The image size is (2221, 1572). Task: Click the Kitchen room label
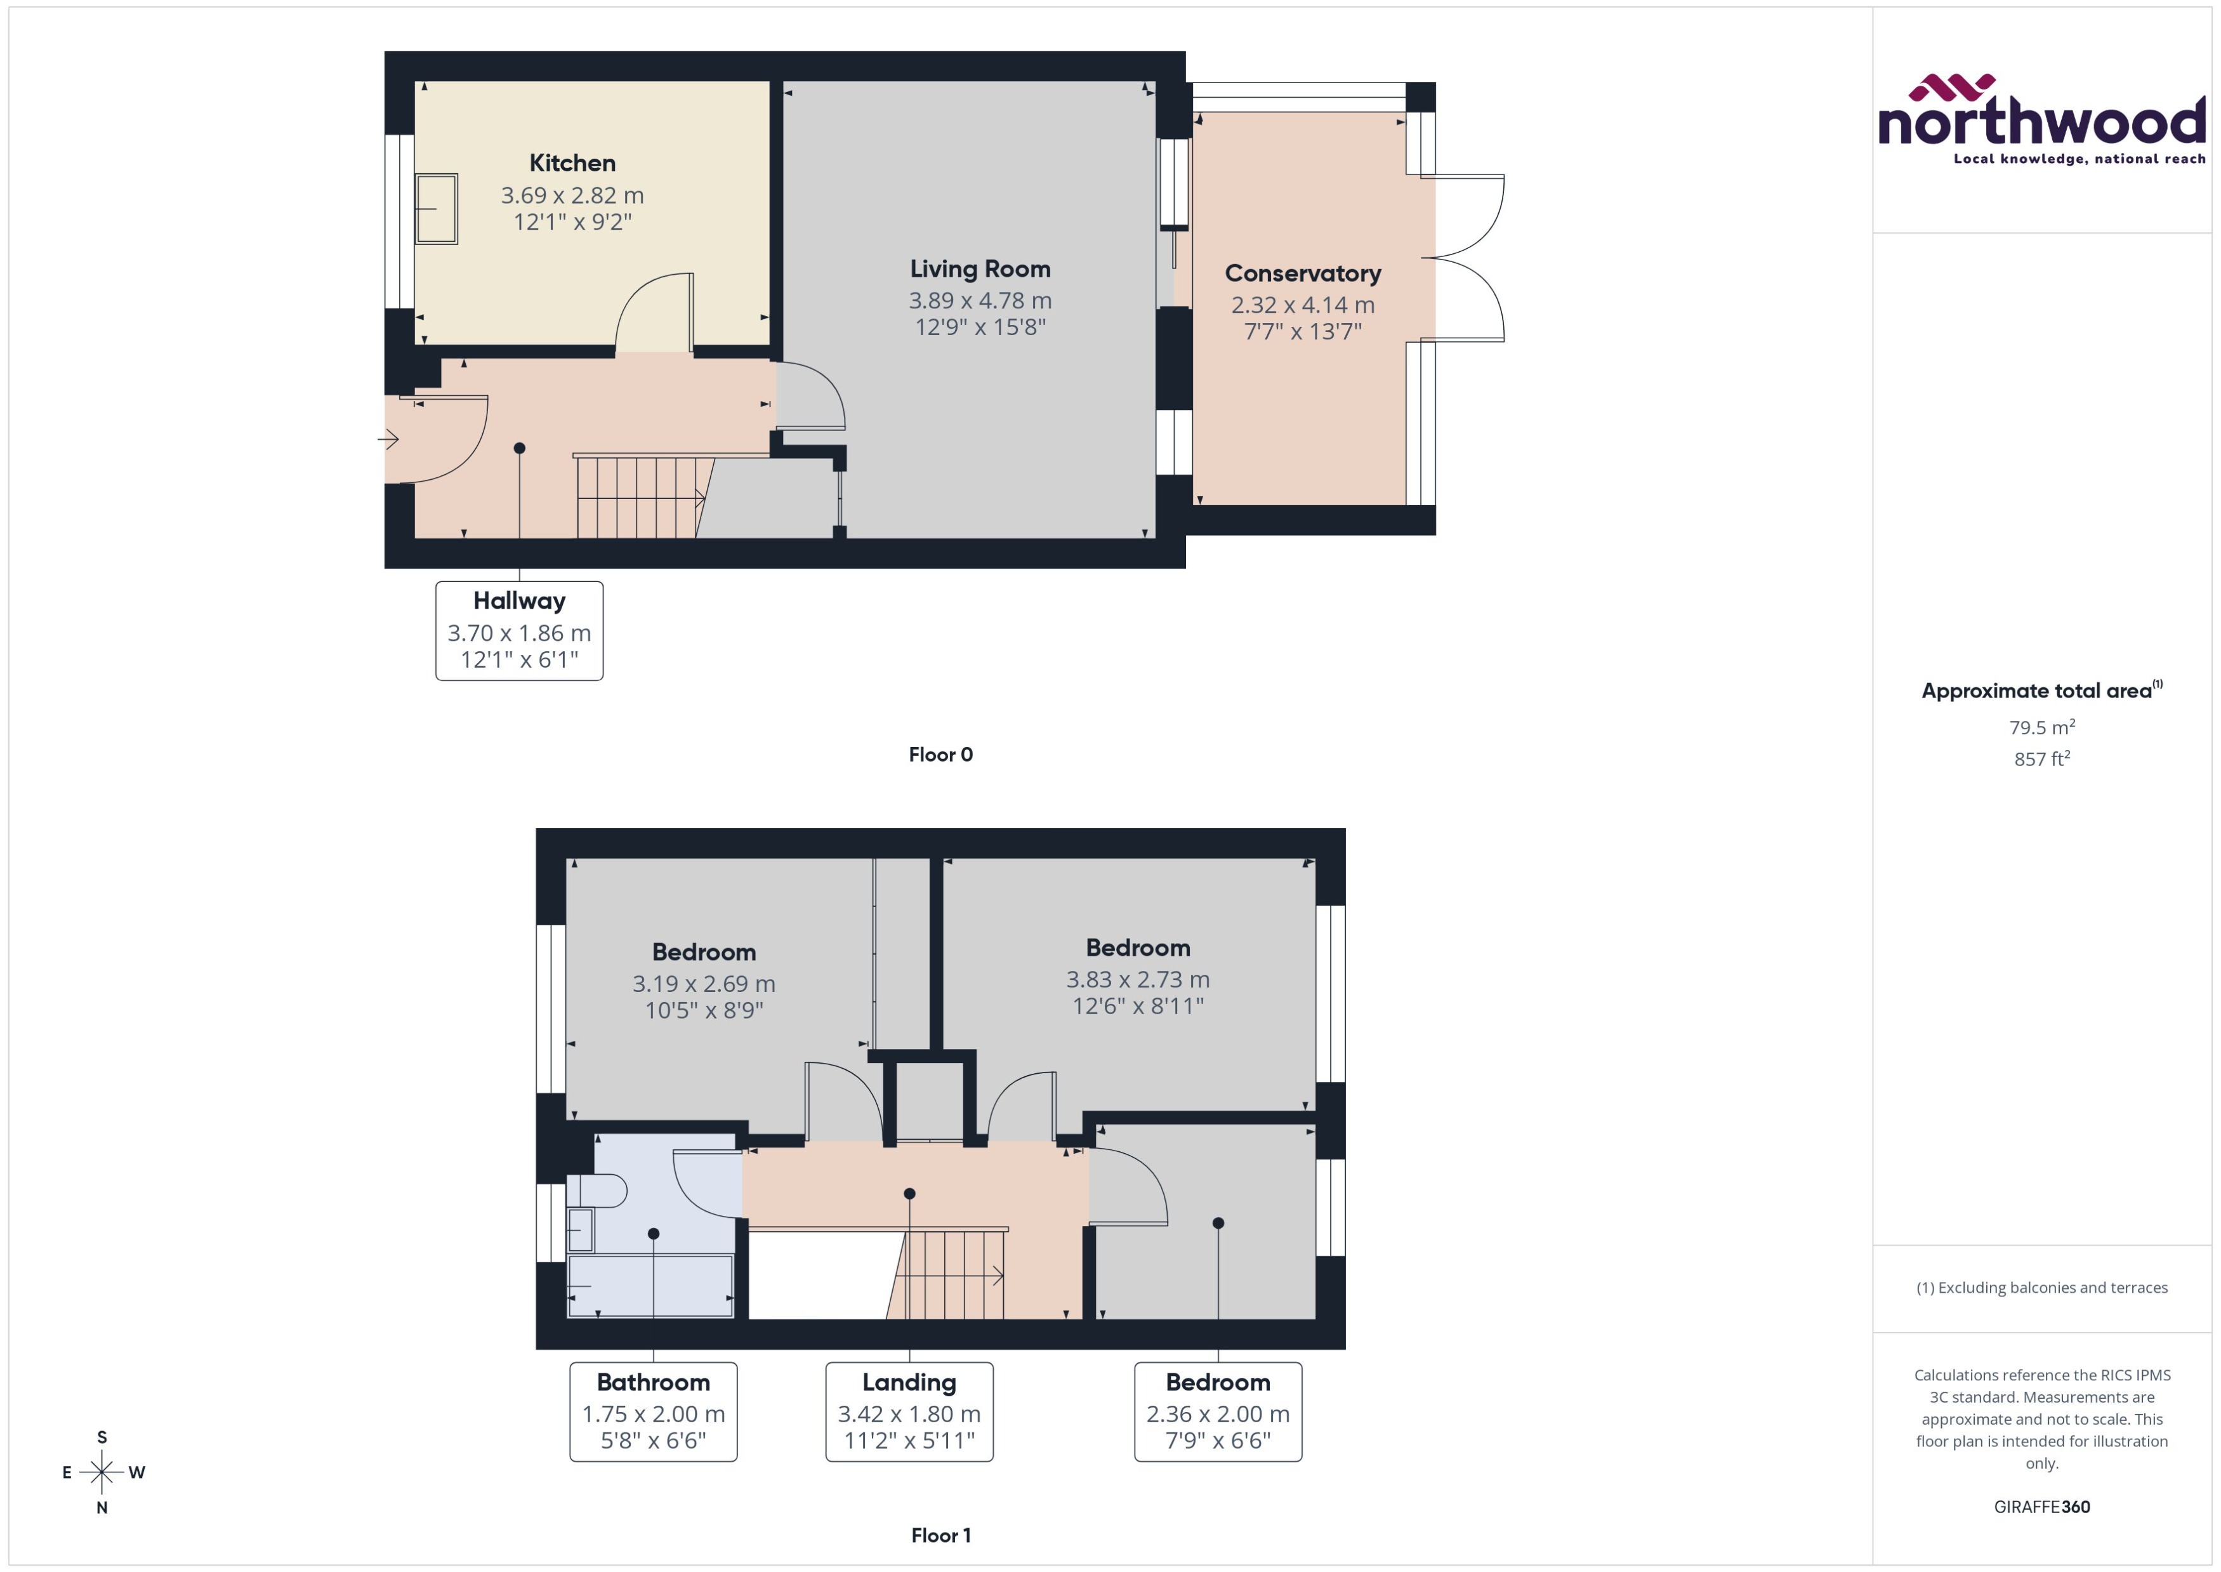[572, 162]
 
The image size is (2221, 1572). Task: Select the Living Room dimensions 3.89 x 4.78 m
[979, 300]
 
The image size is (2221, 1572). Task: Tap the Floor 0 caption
[940, 754]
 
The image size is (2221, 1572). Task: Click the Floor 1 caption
[940, 1535]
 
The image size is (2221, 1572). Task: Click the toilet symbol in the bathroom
[597, 1190]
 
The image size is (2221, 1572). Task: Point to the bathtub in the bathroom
[649, 1286]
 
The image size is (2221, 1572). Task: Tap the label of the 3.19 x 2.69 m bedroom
[704, 951]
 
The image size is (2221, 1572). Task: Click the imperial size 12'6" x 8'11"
[1137, 1006]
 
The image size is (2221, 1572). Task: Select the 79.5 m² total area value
[2041, 727]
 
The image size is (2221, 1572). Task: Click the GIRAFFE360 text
[2041, 1506]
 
